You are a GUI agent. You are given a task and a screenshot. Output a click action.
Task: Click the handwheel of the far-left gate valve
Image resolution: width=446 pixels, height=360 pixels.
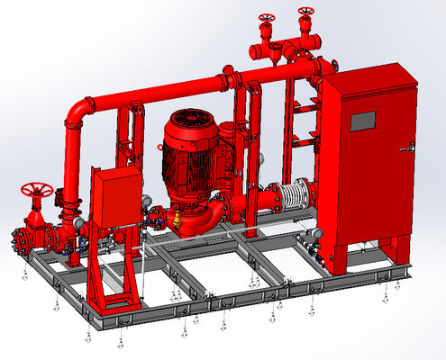click(37, 191)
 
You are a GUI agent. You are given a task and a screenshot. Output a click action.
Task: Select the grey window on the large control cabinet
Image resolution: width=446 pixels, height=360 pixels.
click(363, 120)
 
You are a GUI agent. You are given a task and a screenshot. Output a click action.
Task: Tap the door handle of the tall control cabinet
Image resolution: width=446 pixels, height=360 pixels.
click(412, 147)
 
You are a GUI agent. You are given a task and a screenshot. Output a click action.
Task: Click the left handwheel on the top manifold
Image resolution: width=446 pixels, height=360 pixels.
click(266, 19)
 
